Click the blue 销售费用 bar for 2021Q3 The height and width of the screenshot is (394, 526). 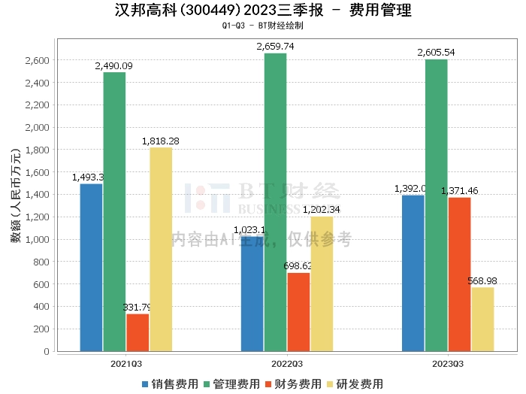[91, 267]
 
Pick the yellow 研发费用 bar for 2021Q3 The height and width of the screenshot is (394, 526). [161, 249]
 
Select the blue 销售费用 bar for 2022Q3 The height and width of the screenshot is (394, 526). [252, 293]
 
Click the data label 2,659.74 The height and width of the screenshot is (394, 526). [275, 47]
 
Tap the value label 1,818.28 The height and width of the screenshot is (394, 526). [161, 141]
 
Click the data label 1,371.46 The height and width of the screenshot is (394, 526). [459, 191]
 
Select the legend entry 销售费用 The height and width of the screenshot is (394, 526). [169, 383]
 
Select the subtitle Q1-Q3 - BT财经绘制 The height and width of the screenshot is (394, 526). [262, 26]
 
